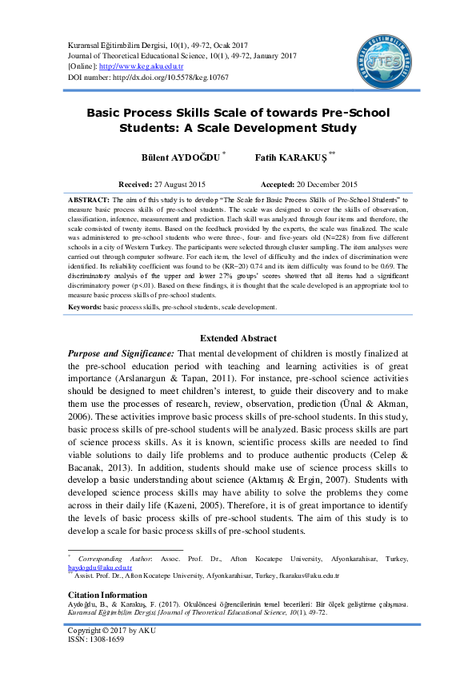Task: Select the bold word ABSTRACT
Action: tap(86, 199)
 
